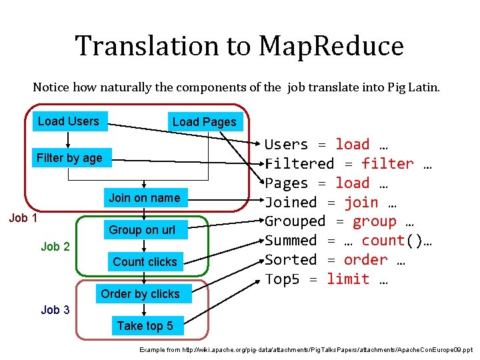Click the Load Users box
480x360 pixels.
click(69, 121)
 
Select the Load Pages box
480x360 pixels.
click(204, 121)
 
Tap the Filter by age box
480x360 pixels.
click(69, 158)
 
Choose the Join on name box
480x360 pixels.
click(145, 197)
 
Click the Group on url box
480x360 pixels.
click(142, 230)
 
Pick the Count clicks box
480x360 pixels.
click(145, 262)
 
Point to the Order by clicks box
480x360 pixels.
click(140, 294)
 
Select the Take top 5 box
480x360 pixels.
click(145, 326)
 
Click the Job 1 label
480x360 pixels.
click(23, 218)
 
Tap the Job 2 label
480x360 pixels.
click(55, 247)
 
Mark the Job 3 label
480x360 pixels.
click(55, 310)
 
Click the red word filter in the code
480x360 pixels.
click(387, 164)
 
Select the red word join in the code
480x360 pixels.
click(361, 203)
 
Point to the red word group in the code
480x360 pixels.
click(374, 222)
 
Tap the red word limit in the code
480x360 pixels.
click(348, 279)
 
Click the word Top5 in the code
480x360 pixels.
click(283, 279)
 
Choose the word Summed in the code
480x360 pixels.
click(291, 241)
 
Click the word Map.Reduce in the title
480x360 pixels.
click(331, 46)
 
